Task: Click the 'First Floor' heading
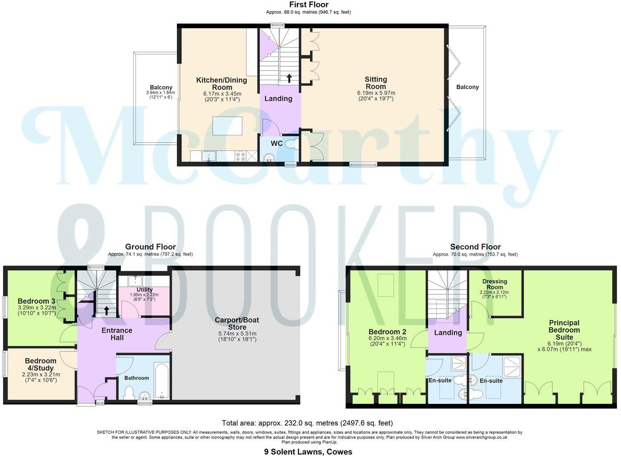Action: tap(308, 4)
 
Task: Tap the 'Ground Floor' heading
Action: tap(150, 247)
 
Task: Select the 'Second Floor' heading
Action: tap(475, 247)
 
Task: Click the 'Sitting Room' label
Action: tap(376, 83)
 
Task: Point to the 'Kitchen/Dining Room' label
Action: tap(222, 84)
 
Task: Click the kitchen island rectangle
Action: tap(227, 125)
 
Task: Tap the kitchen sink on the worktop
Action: tap(209, 156)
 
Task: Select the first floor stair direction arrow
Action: tap(289, 78)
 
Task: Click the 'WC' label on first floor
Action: tap(276, 144)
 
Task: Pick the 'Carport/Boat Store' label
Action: tap(237, 323)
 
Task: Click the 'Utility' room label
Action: tap(144, 289)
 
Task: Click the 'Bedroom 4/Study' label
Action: tap(41, 364)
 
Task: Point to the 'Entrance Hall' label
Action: tap(117, 334)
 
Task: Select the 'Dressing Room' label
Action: tap(495, 284)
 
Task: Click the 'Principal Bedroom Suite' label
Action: tap(564, 330)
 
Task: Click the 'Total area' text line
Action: tap(307, 423)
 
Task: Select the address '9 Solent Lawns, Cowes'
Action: tap(308, 452)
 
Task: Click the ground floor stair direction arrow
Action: tap(106, 310)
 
